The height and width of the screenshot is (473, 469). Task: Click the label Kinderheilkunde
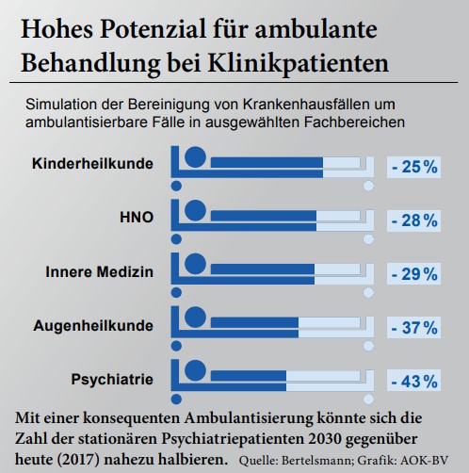coord(92,164)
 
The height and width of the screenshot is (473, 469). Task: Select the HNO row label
coord(137,218)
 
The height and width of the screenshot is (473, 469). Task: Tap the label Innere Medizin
coord(100,271)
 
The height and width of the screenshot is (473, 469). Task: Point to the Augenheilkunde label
coord(93,326)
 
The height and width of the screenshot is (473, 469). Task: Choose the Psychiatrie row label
coord(112,380)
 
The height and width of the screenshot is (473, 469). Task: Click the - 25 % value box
coord(413,167)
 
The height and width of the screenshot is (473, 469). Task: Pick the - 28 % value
coord(413,220)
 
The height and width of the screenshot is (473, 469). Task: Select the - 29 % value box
coord(413,274)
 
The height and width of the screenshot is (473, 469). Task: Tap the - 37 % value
coord(413,328)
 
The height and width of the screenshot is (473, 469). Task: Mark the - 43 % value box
coord(413,381)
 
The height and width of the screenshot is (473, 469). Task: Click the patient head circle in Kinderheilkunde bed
coord(195,156)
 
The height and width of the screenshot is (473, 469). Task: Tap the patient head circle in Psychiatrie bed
coord(195,370)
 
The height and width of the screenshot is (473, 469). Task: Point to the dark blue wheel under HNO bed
coord(176,239)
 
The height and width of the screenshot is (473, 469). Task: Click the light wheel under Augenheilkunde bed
coord(368,346)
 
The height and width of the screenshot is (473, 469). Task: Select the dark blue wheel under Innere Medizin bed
coord(176,293)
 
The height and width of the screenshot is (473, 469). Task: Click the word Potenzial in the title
coord(153,29)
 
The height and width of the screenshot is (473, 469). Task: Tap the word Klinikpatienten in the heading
coord(299,64)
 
